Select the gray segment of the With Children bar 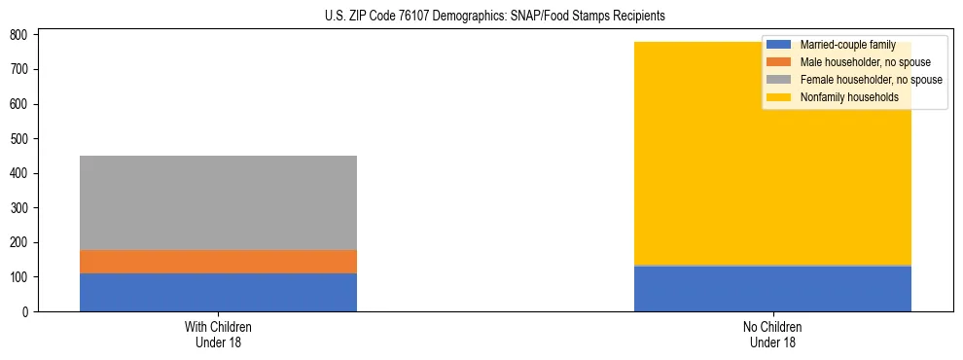click(x=218, y=202)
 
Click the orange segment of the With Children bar click(x=218, y=262)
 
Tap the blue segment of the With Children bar click(x=218, y=292)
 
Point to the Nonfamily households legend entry click(x=842, y=97)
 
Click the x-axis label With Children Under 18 click(x=218, y=334)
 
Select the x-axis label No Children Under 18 click(x=772, y=334)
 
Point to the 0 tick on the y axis click(x=27, y=312)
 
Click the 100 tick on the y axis click(x=21, y=277)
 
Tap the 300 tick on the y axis click(x=21, y=208)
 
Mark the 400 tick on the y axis click(x=21, y=173)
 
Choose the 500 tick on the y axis click(x=21, y=139)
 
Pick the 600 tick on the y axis click(x=21, y=104)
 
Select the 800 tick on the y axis click(x=21, y=35)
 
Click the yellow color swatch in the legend click(x=779, y=97)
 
